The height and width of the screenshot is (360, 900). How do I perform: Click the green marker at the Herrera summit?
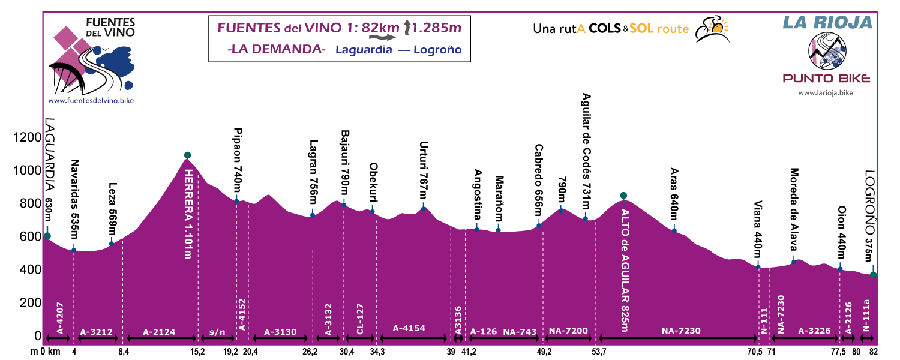tap(188, 155)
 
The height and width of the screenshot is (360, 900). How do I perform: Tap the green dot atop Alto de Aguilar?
tap(623, 196)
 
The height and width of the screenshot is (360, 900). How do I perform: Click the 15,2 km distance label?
tap(197, 352)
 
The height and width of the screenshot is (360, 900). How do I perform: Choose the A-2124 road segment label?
tap(160, 331)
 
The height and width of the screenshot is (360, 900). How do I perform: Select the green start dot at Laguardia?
tap(47, 236)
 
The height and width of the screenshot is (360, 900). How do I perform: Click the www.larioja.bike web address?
tap(826, 93)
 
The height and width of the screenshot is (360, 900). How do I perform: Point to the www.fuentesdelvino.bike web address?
tap(91, 100)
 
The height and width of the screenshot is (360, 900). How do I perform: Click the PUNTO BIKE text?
tap(826, 78)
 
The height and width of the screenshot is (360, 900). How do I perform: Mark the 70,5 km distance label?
tap(755, 352)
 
